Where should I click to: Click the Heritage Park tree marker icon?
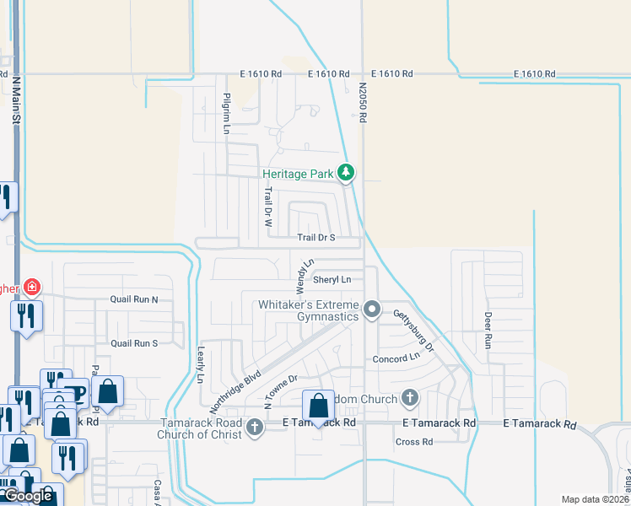[346, 173]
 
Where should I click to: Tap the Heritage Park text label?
[298, 174]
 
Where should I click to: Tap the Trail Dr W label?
[267, 210]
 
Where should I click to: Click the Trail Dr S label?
[316, 238]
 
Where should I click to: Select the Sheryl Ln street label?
[332, 279]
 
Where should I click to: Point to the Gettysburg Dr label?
[413, 330]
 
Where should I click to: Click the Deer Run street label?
[488, 331]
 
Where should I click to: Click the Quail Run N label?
[134, 299]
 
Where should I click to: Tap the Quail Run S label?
[134, 343]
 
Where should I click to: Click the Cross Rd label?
[414, 441]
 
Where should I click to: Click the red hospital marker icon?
[32, 288]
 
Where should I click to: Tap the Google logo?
[28, 497]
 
